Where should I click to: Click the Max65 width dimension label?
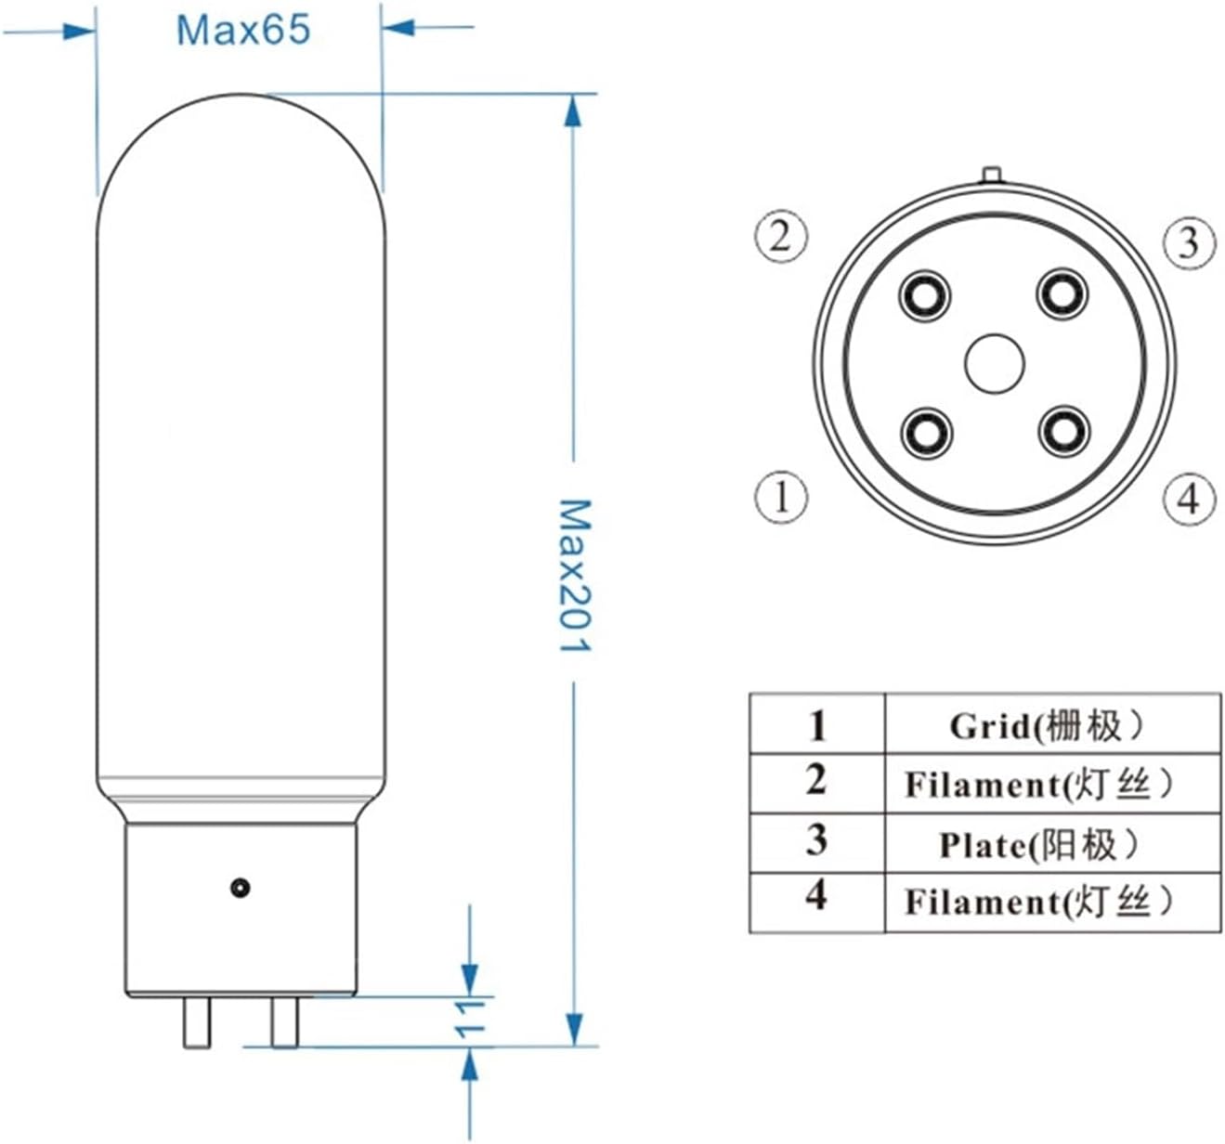pyautogui.click(x=243, y=30)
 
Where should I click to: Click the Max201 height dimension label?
pyautogui.click(x=574, y=575)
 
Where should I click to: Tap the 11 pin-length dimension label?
pyautogui.click(x=471, y=1019)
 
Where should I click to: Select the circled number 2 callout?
pyautogui.click(x=780, y=236)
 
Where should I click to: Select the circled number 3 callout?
pyautogui.click(x=1189, y=242)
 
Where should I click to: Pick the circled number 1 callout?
pyautogui.click(x=780, y=496)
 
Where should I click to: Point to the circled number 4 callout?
pyautogui.click(x=1189, y=500)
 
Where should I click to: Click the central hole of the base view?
pyautogui.click(x=994, y=364)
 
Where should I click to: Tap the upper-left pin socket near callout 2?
pyautogui.click(x=925, y=296)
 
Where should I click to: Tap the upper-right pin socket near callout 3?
pyautogui.click(x=1062, y=294)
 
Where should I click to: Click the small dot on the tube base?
pyautogui.click(x=241, y=888)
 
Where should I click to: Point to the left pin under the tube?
pyautogui.click(x=197, y=1022)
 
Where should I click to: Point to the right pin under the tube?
pyautogui.click(x=284, y=1020)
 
